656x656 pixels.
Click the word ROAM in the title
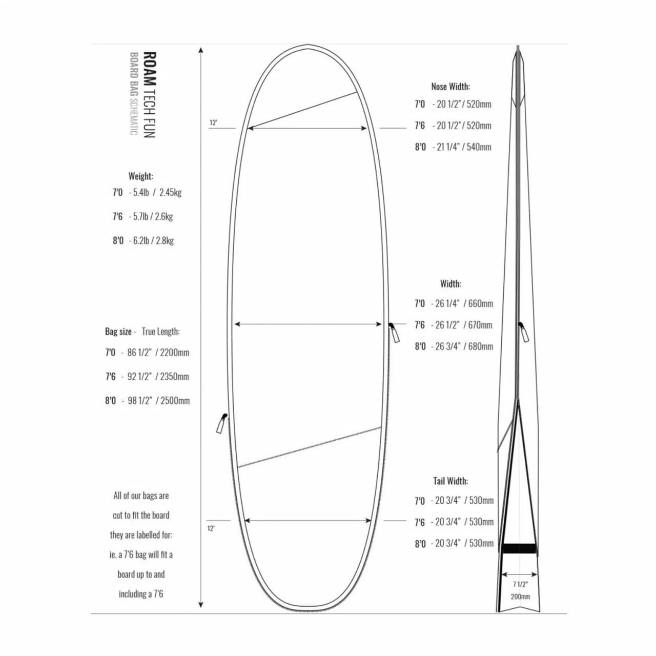(150, 69)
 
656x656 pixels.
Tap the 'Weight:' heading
(140, 176)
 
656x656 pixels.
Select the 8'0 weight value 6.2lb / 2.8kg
(151, 241)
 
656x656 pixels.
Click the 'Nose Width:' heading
(450, 87)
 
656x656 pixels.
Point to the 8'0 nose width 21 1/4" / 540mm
(462, 147)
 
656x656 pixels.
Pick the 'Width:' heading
(450, 283)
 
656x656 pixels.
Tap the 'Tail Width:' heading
(450, 481)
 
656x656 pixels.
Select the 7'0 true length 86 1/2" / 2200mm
(155, 352)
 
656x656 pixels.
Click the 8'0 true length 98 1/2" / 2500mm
(156, 400)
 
